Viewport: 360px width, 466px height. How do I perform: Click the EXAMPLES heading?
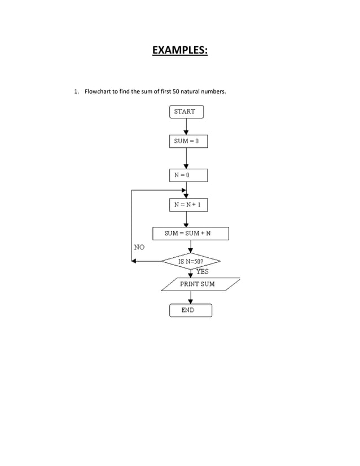(x=180, y=51)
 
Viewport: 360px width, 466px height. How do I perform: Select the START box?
(x=186, y=112)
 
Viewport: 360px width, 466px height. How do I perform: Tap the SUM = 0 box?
(x=188, y=141)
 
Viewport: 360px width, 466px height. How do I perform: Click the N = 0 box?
(x=188, y=175)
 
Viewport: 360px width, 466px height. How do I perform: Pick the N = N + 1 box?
(x=188, y=205)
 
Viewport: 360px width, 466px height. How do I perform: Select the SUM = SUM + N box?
(x=191, y=234)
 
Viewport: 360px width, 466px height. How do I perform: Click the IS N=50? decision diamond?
(x=191, y=262)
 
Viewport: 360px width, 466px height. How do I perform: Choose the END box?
(x=190, y=310)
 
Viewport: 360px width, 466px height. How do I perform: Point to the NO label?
(x=139, y=247)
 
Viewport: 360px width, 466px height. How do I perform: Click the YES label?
(x=202, y=271)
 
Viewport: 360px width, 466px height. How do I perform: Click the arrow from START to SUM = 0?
(x=186, y=126)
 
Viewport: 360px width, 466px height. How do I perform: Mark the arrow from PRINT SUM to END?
(x=190, y=298)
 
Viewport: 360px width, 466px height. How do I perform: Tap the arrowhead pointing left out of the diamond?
(x=134, y=261)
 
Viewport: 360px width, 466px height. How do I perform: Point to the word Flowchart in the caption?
(x=98, y=91)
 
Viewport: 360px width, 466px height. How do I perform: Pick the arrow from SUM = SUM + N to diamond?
(x=190, y=247)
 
